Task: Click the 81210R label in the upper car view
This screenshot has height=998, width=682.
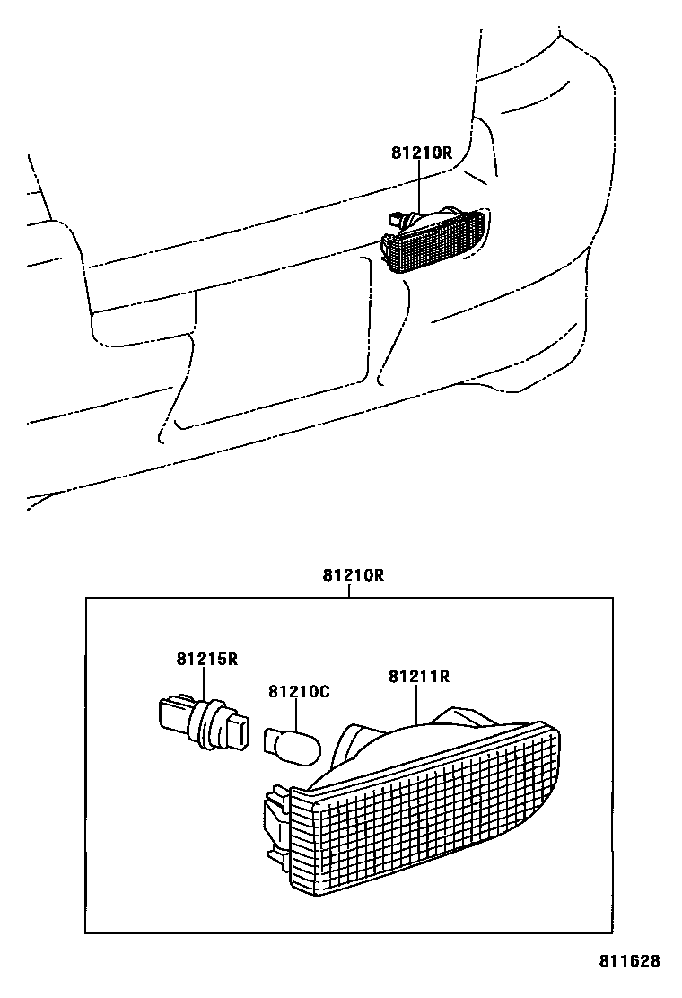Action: [x=421, y=153]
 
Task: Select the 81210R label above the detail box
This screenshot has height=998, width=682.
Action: [x=354, y=575]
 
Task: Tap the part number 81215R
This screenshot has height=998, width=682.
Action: [x=206, y=660]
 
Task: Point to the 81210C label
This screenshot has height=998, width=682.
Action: [x=300, y=692]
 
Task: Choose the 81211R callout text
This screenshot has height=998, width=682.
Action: [x=418, y=676]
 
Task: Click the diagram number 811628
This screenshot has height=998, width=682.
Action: [x=630, y=961]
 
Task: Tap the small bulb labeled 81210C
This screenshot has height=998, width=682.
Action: [x=289, y=741]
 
